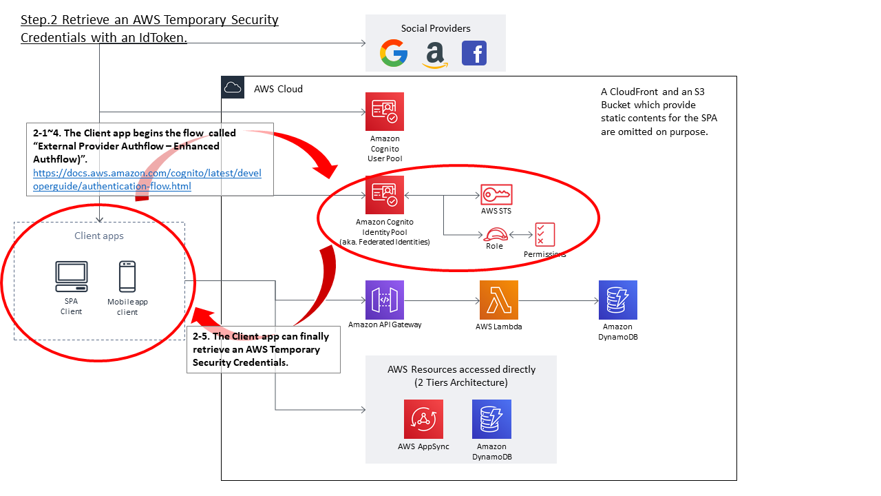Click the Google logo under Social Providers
(394, 54)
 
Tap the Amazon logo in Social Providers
(435, 54)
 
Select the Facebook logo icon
(474, 53)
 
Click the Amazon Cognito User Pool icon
(385, 112)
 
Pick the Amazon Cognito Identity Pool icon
(385, 195)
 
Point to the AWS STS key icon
(496, 194)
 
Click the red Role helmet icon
(494, 234)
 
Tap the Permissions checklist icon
(544, 234)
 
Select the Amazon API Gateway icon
(385, 300)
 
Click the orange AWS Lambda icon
(499, 300)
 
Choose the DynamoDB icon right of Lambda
(617, 300)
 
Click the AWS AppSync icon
(423, 419)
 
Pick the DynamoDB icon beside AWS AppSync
(491, 419)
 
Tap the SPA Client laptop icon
(71, 276)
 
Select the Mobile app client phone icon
(127, 276)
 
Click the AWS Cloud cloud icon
(233, 87)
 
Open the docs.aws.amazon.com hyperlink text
(147, 179)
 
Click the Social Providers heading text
(436, 28)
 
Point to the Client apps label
(99, 236)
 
